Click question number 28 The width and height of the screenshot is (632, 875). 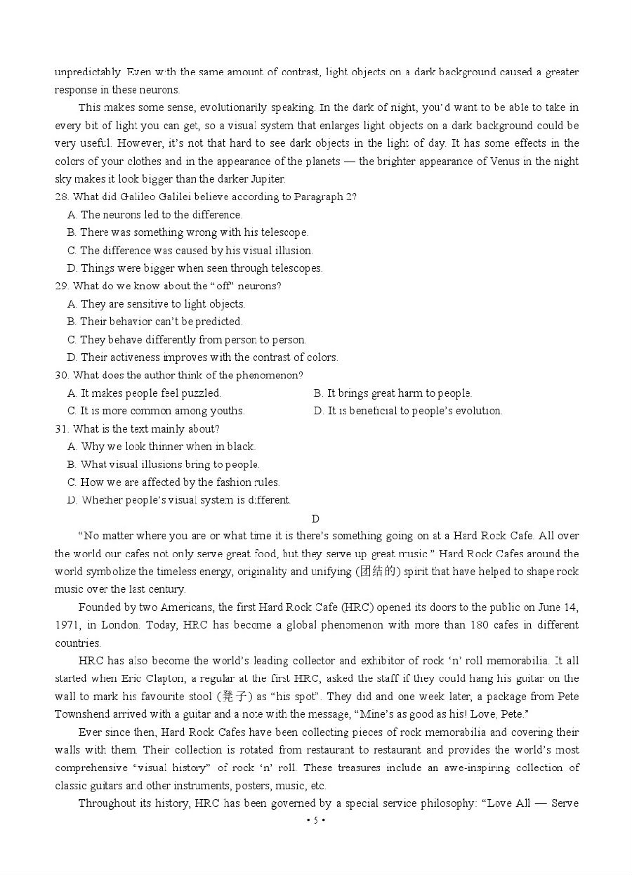61,197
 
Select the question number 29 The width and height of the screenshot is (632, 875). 61,287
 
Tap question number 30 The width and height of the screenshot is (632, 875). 61,376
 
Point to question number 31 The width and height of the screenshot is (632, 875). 61,429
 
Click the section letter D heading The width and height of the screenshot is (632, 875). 315,519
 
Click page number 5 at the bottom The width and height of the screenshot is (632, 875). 316,820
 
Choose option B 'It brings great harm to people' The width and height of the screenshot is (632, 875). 393,393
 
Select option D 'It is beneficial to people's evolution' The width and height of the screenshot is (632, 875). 408,411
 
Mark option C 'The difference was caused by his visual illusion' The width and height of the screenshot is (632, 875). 190,251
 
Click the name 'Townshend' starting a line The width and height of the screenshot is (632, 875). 81,714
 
